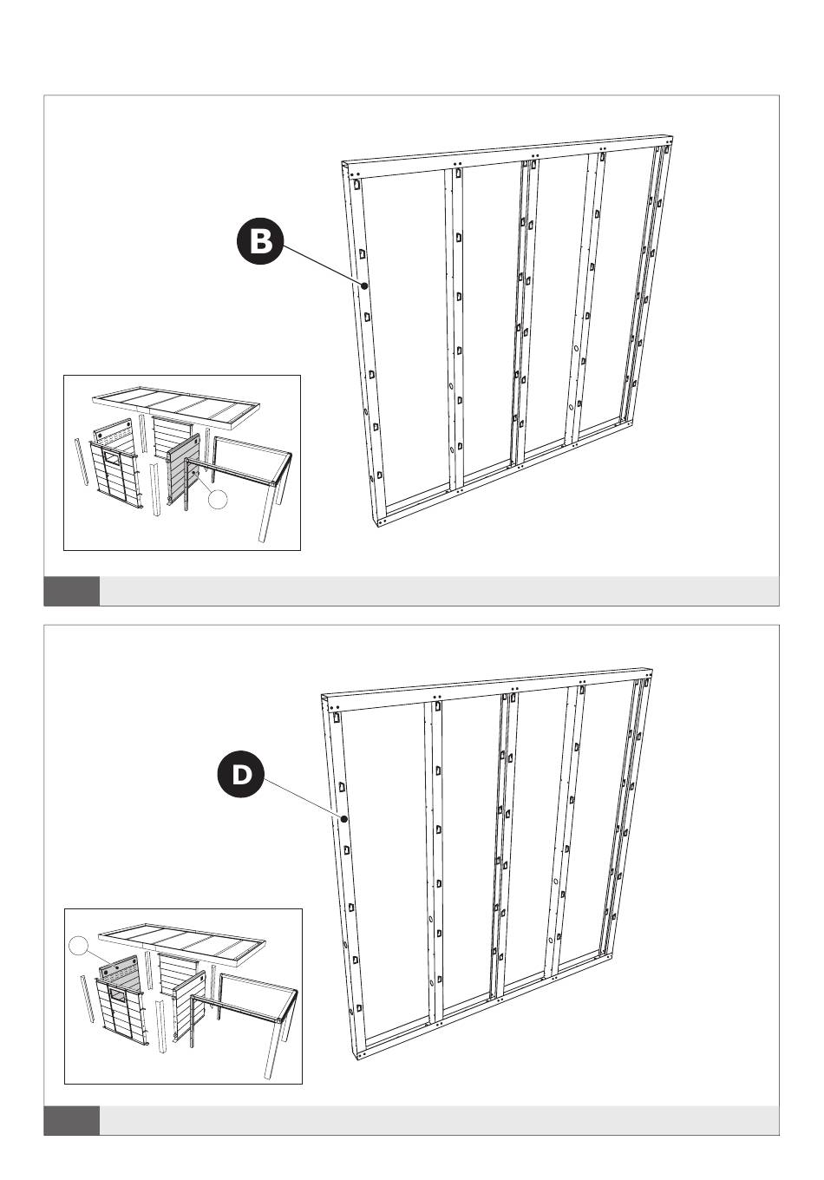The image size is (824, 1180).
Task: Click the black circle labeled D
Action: click(240, 774)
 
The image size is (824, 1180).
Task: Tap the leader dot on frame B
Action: click(364, 285)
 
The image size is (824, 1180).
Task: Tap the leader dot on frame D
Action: click(343, 819)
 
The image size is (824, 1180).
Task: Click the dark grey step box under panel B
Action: click(72, 591)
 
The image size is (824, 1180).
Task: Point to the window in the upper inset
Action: click(112, 456)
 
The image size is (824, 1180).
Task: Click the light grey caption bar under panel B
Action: click(439, 591)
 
